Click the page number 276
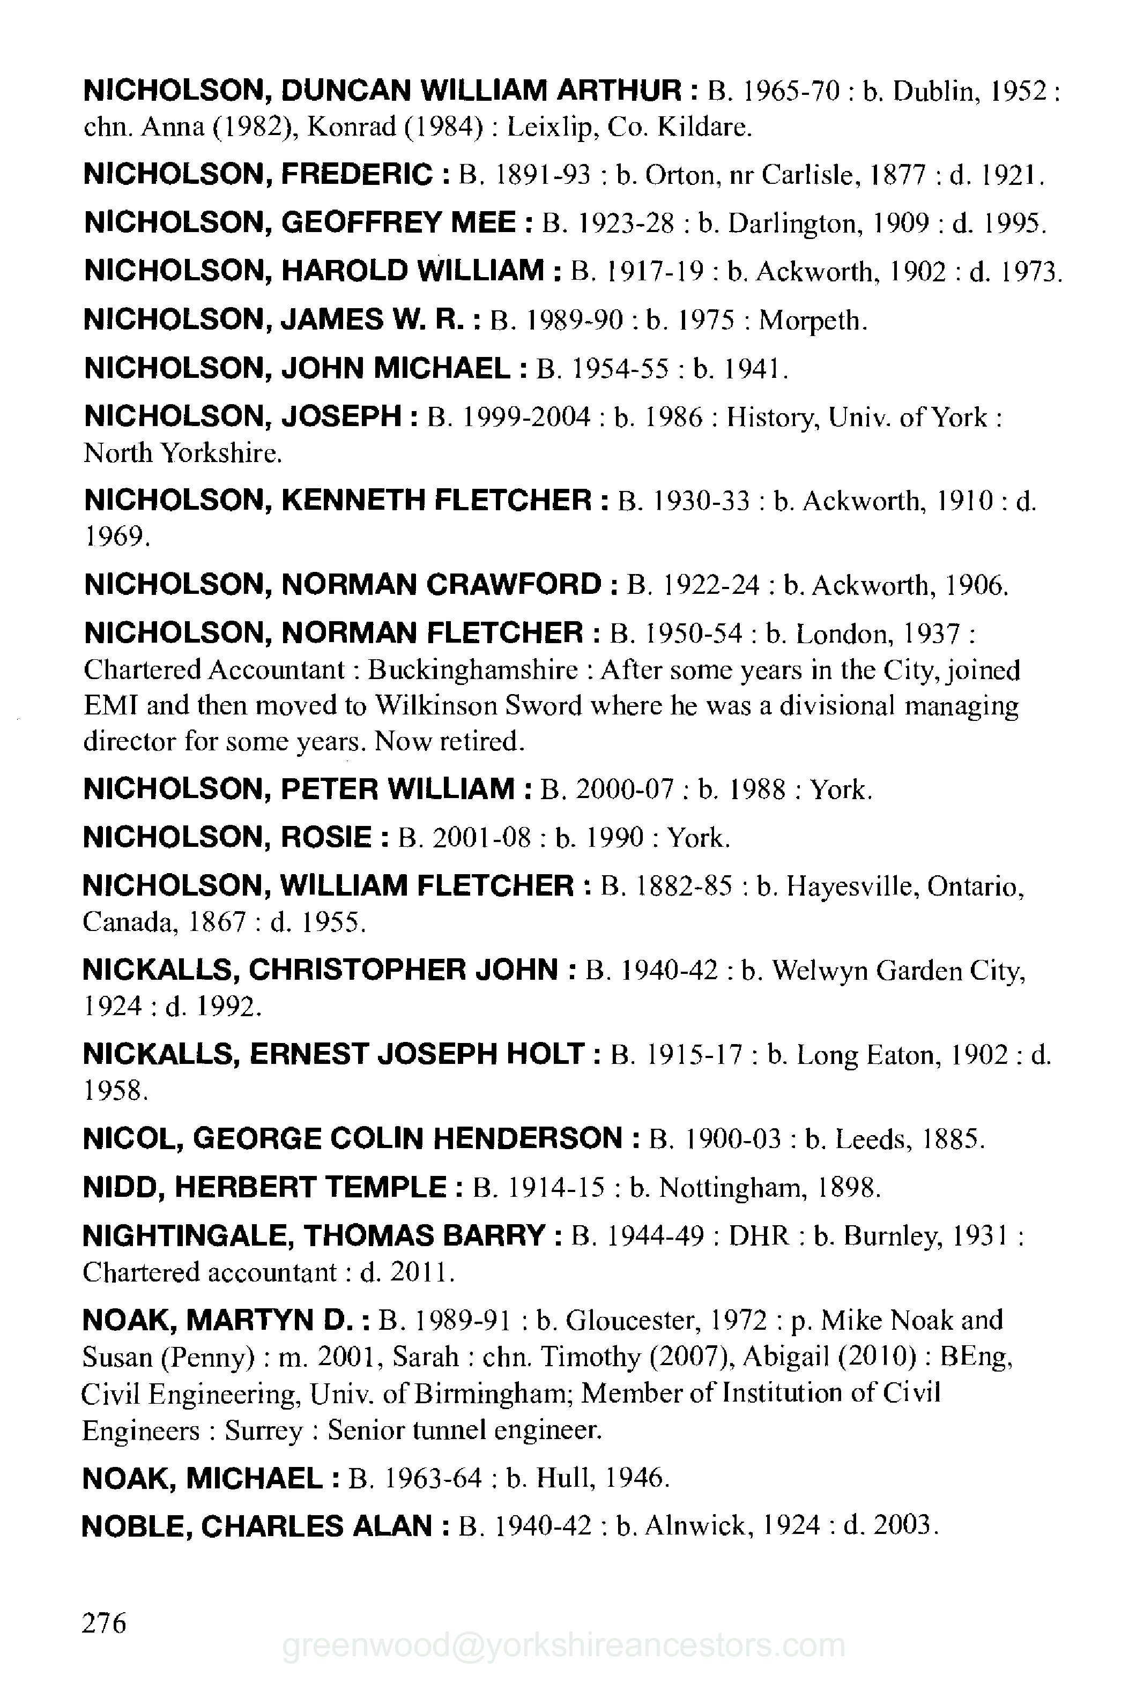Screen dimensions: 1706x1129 point(105,1623)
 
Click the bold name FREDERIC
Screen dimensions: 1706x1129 point(356,174)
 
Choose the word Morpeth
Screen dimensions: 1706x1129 point(812,321)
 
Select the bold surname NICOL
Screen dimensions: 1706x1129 point(130,1139)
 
